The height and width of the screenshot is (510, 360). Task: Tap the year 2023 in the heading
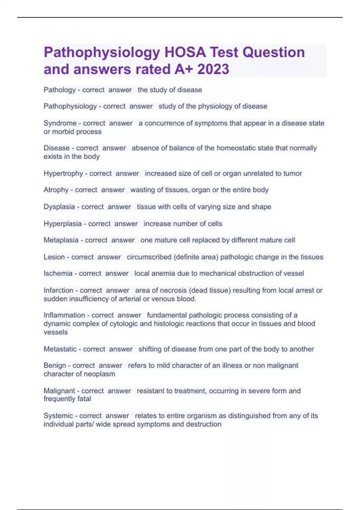coord(213,69)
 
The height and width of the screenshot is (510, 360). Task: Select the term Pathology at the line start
coord(59,90)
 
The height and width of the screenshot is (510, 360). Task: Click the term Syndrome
coord(60,123)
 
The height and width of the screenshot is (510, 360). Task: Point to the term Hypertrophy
coord(63,173)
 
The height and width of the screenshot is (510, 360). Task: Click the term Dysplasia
coord(59,207)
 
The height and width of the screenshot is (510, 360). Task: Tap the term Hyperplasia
coord(62,224)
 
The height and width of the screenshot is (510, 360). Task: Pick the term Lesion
coord(54,257)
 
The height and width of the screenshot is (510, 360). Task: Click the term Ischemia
coord(58,274)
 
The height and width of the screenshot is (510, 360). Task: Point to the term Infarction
coord(58,290)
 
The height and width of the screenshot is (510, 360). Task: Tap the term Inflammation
coord(64,315)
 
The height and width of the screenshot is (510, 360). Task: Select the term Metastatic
coord(60,349)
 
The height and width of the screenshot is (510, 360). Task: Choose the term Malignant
coord(59,391)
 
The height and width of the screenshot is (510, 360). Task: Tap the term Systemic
coord(58,416)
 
